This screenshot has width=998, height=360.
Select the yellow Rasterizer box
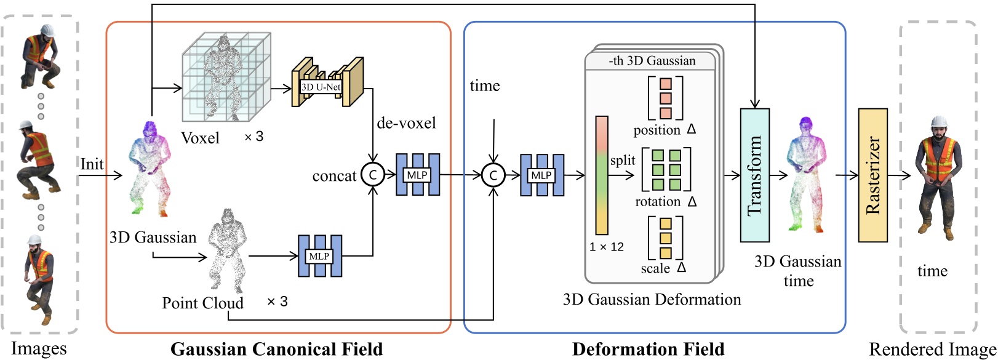(x=872, y=175)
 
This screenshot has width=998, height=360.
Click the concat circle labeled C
(x=372, y=175)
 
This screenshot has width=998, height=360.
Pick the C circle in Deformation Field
(x=493, y=175)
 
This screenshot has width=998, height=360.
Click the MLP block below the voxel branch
(x=319, y=256)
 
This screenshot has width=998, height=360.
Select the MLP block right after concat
(x=417, y=175)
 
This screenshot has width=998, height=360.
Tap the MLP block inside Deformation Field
(x=541, y=175)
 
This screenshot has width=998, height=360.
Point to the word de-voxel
(x=406, y=123)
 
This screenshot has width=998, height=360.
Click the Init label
(x=92, y=164)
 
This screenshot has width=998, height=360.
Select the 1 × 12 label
(x=606, y=247)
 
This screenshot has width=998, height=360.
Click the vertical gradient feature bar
(x=602, y=175)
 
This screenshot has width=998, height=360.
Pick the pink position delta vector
(x=665, y=98)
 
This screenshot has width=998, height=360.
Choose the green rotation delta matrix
(x=666, y=169)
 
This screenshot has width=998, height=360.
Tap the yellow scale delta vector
(x=665, y=238)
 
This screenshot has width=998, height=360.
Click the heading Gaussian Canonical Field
(x=276, y=350)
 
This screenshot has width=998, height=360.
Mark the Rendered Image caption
(x=932, y=350)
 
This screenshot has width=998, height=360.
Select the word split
(x=622, y=161)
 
